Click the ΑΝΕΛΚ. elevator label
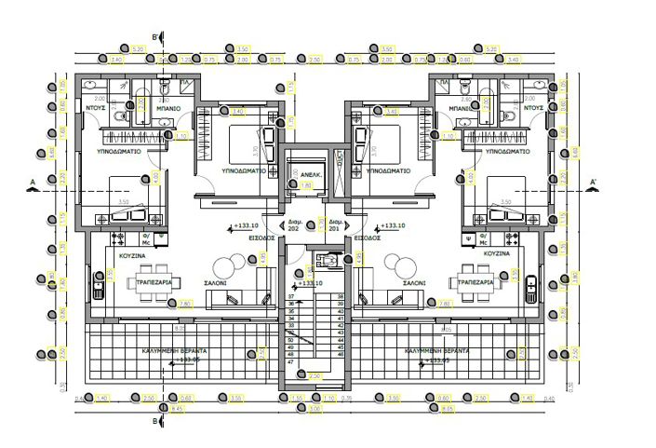pyautogui.click(x=303, y=173)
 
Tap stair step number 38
pyautogui.click(x=341, y=295)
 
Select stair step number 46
pyautogui.click(x=341, y=355)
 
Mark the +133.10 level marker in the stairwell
pyautogui.click(x=311, y=283)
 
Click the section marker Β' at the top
pyautogui.click(x=155, y=38)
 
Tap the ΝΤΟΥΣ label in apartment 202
pyautogui.click(x=95, y=108)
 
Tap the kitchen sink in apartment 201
pyautogui.click(x=531, y=283)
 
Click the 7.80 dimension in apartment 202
pyautogui.click(x=184, y=303)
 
